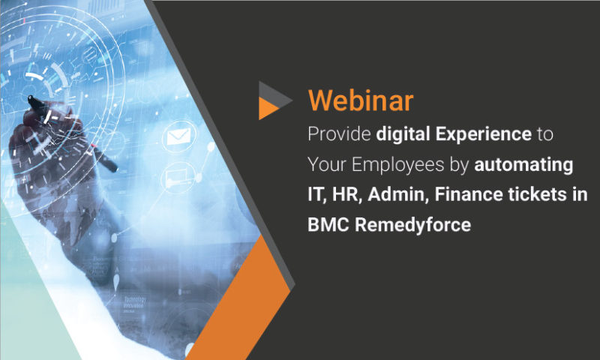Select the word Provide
(337, 134)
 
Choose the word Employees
(397, 164)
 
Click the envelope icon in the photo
(178, 137)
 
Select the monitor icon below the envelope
(178, 177)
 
